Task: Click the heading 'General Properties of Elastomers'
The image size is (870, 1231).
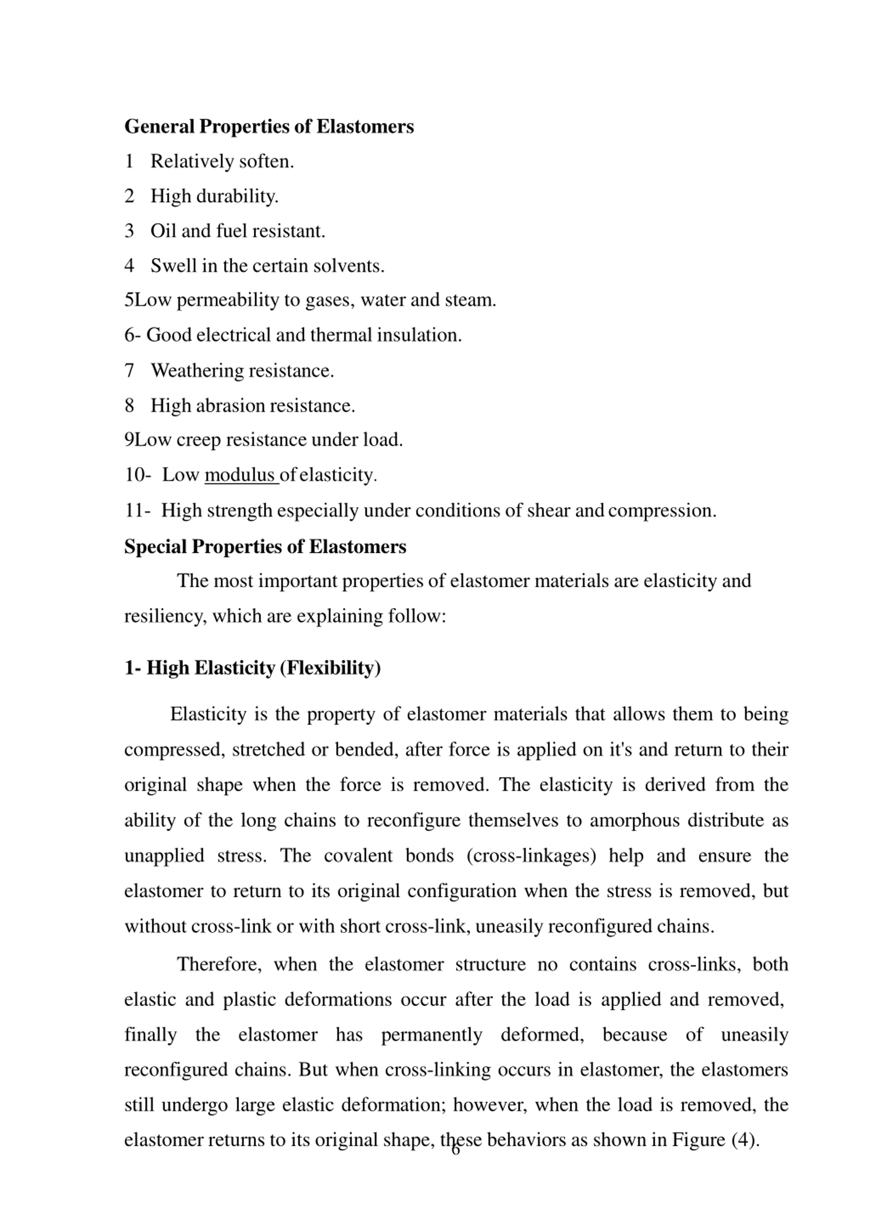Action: [269, 126]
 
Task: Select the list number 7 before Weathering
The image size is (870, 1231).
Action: [129, 370]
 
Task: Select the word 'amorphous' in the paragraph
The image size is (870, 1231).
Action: [634, 820]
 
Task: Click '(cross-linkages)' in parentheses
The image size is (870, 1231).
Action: [531, 855]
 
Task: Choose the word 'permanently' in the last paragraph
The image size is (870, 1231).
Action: [431, 1034]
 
